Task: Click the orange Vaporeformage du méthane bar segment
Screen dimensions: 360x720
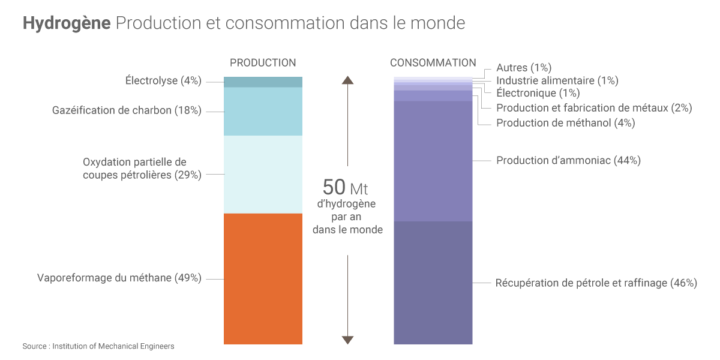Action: pyautogui.click(x=263, y=278)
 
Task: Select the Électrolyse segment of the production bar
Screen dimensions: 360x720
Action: pyautogui.click(x=263, y=82)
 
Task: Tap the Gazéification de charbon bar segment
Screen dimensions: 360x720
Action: pyautogui.click(x=263, y=111)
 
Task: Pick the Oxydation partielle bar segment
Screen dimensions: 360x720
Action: pyautogui.click(x=263, y=174)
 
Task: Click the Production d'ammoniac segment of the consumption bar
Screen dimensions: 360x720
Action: pyautogui.click(x=433, y=161)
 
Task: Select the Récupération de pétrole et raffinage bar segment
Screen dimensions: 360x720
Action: pyautogui.click(x=433, y=283)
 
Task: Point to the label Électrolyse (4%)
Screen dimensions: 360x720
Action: pyautogui.click(x=163, y=80)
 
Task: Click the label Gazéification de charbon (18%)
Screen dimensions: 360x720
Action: pyautogui.click(x=127, y=110)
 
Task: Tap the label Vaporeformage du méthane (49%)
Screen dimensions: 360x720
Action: pyautogui.click(x=119, y=278)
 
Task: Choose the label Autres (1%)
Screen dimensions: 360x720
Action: pyautogui.click(x=524, y=68)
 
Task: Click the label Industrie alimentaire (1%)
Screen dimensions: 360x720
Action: pyautogui.click(x=557, y=80)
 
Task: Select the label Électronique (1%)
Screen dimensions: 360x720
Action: pyautogui.click(x=538, y=93)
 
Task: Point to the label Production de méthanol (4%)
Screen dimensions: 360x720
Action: pyautogui.click(x=565, y=123)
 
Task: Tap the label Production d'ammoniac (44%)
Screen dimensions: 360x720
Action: pyautogui.click(x=568, y=160)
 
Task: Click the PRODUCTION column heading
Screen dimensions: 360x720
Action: pyautogui.click(x=263, y=62)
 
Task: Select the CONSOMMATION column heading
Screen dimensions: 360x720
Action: pyautogui.click(x=433, y=62)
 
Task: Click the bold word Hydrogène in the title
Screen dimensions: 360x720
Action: pyautogui.click(x=67, y=23)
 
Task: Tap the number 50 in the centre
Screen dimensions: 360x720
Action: pyautogui.click(x=334, y=187)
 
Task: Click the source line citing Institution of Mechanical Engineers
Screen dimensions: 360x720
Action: pyautogui.click(x=98, y=346)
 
